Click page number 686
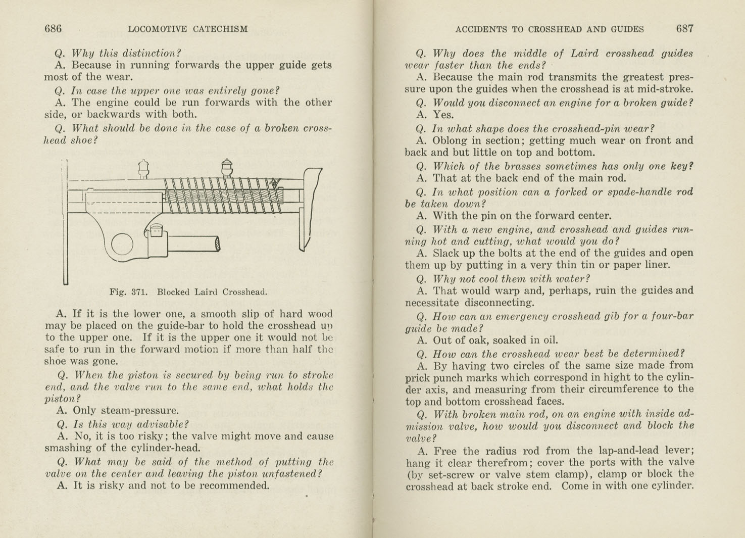click(53, 29)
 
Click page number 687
click(684, 29)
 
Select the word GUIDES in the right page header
click(627, 29)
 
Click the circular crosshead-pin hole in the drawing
click(122, 244)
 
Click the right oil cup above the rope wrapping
click(227, 167)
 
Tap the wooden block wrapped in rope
click(222, 195)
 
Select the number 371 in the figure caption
click(139, 292)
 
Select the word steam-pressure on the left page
click(126, 411)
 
